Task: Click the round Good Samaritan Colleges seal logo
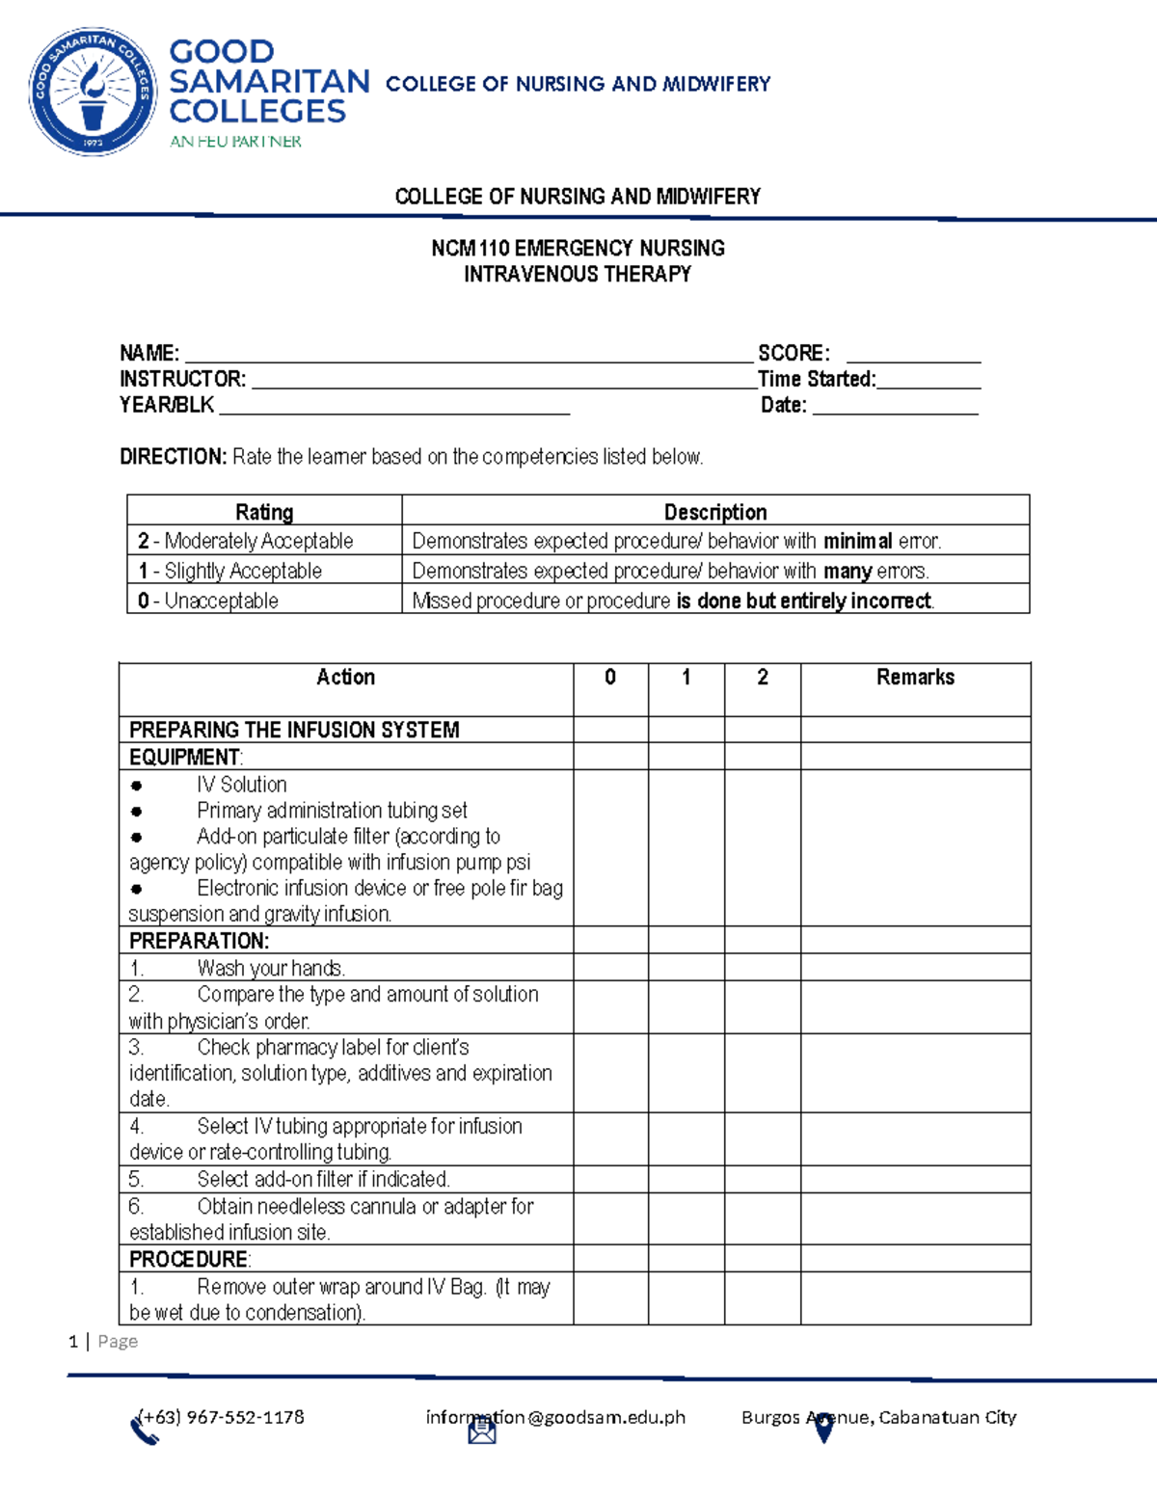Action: (93, 92)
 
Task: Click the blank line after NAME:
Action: (468, 354)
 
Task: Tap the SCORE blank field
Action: (912, 354)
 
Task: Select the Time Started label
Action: (817, 380)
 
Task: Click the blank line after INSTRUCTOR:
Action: (501, 380)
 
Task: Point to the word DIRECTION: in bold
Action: (173, 457)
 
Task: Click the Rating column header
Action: (264, 512)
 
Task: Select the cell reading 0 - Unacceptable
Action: (208, 601)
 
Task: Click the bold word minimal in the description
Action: (857, 541)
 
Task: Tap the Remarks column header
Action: (915, 678)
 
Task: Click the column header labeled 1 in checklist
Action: (686, 678)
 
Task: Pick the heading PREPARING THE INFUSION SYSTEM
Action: (294, 730)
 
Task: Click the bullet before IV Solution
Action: (137, 786)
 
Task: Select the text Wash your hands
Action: (271, 968)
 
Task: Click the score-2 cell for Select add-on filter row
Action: (762, 1179)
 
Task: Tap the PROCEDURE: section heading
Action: (190, 1259)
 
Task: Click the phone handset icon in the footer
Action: (145, 1431)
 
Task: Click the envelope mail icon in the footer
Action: (482, 1432)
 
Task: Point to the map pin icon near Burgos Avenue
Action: (823, 1429)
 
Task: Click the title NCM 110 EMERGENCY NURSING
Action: (578, 249)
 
